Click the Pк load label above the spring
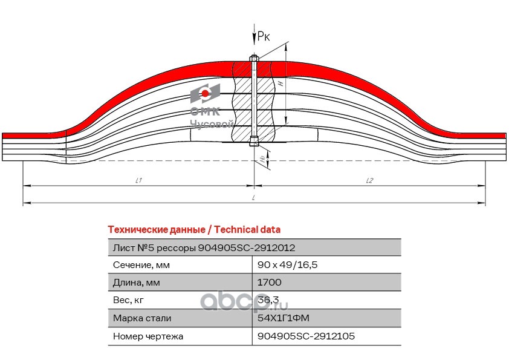click(x=263, y=36)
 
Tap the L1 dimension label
click(x=138, y=180)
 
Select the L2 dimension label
click(x=369, y=180)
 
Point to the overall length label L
click(x=253, y=197)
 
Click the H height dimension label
click(x=280, y=83)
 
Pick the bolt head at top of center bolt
click(x=254, y=59)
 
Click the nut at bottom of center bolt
click(x=254, y=142)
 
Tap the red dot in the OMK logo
click(x=205, y=94)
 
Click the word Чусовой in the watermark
click(x=212, y=124)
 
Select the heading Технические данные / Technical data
click(x=194, y=229)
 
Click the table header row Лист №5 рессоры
click(x=254, y=247)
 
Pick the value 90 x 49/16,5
click(x=287, y=264)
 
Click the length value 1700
click(x=269, y=282)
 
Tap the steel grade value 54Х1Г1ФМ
click(x=283, y=318)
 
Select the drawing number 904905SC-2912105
click(x=306, y=336)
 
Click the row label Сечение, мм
click(x=141, y=265)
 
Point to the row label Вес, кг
click(x=128, y=300)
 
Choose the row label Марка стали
click(x=142, y=318)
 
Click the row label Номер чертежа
click(x=148, y=336)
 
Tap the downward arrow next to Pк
click(x=254, y=34)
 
